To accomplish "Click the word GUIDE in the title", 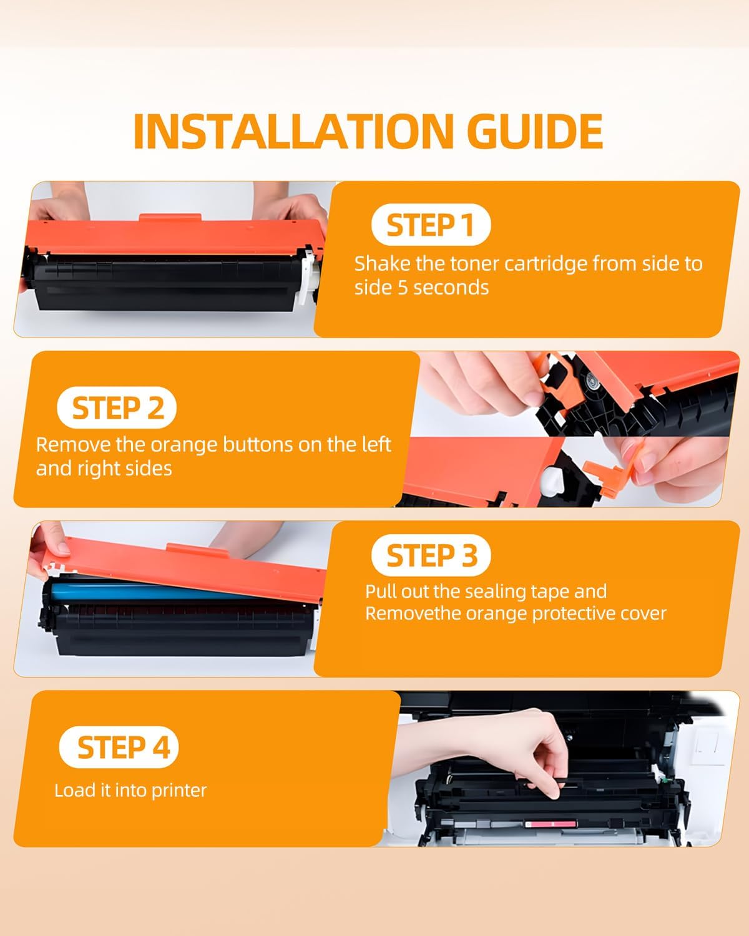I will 534,131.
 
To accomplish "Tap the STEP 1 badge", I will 430,225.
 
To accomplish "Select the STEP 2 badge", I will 117,409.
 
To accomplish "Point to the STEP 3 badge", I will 431,556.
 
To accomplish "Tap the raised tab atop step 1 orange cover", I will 170,219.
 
